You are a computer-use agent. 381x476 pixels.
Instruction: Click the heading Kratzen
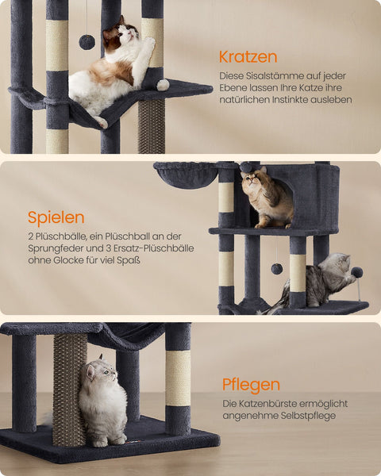pos(248,56)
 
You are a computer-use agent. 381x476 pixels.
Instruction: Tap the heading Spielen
pos(56,217)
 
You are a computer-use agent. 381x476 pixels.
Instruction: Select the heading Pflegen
pos(251,385)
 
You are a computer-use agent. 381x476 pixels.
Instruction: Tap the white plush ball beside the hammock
pos(163,85)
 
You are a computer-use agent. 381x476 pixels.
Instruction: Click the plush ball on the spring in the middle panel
pos(357,272)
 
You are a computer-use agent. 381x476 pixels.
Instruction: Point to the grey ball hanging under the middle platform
pos(276,268)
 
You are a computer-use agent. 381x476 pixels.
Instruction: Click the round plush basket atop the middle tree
pos(185,174)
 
